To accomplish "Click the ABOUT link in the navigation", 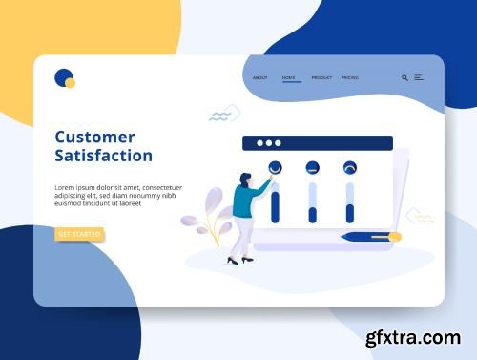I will tap(260, 77).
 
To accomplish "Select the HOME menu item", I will tap(289, 77).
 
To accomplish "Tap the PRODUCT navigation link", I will tap(321, 77).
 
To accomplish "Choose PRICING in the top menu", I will tap(350, 77).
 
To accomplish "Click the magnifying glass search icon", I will tap(404, 77).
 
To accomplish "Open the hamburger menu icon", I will tap(419, 77).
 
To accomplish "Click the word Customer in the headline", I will tap(94, 137).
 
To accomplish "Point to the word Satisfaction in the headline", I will tap(103, 156).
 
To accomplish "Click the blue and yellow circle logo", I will tap(64, 78).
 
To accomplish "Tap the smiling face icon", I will tap(275, 168).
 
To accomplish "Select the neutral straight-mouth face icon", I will tap(312, 168).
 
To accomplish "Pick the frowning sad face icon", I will tap(349, 168).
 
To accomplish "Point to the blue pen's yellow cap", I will tap(394, 236).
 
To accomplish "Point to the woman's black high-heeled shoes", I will tap(239, 260).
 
